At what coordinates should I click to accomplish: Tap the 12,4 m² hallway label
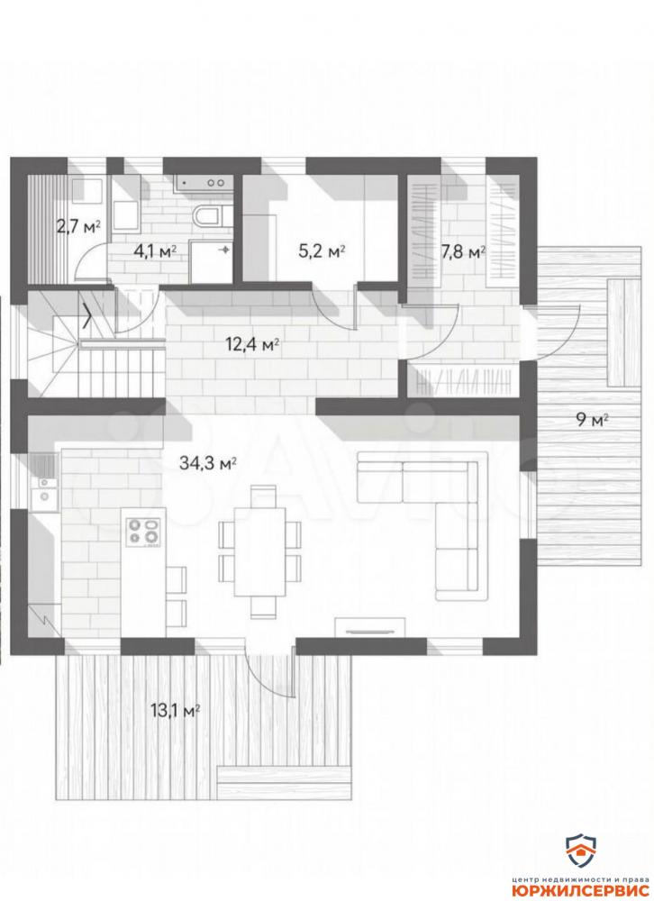point(253,345)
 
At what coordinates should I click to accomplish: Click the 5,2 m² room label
point(322,251)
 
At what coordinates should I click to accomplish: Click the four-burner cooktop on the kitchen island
point(143,532)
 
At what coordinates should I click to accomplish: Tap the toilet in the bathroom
point(208,216)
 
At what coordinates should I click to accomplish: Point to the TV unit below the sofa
point(370,627)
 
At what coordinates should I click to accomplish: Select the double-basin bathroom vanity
point(203,182)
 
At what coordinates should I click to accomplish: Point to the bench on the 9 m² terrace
point(623,333)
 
